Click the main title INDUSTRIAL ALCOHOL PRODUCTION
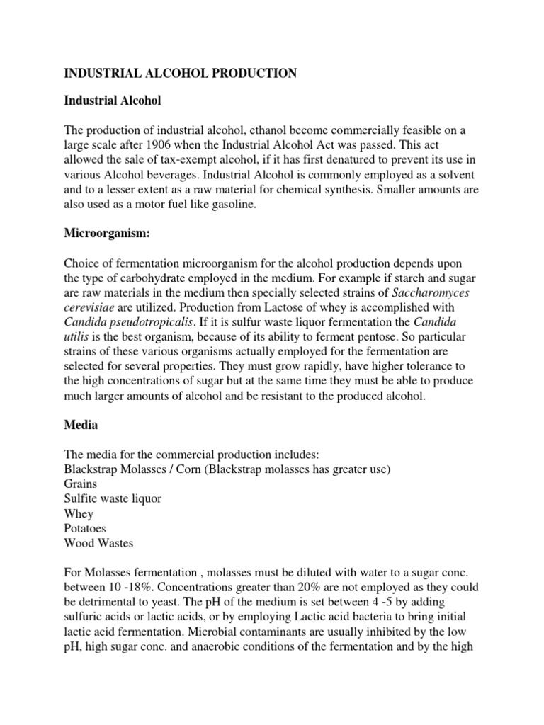[x=181, y=74]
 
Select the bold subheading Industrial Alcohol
[x=113, y=101]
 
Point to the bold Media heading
[x=81, y=426]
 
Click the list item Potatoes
[x=86, y=527]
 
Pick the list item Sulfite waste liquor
[x=113, y=499]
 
